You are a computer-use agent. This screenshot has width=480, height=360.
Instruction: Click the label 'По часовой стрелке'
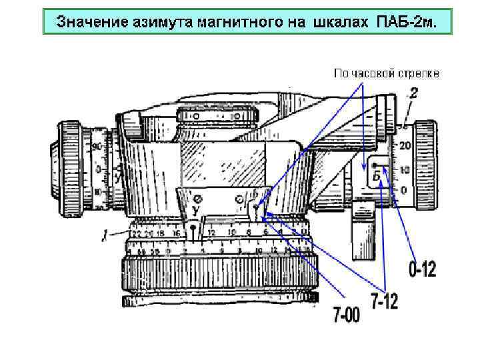coord(386,73)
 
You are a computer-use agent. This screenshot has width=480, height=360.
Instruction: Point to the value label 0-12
coord(422,270)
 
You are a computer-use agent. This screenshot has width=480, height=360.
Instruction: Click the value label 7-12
coord(384,301)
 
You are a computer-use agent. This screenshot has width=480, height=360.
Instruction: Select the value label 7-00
coord(346,313)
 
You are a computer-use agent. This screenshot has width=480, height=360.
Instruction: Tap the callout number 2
coord(413,95)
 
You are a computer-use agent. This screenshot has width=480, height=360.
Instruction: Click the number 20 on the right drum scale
coord(404,145)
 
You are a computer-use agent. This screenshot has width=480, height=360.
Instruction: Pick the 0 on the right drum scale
coord(403,191)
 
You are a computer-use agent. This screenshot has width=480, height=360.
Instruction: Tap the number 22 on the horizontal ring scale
coord(137,234)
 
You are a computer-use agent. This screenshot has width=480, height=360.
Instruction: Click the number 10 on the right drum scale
coord(404,169)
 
